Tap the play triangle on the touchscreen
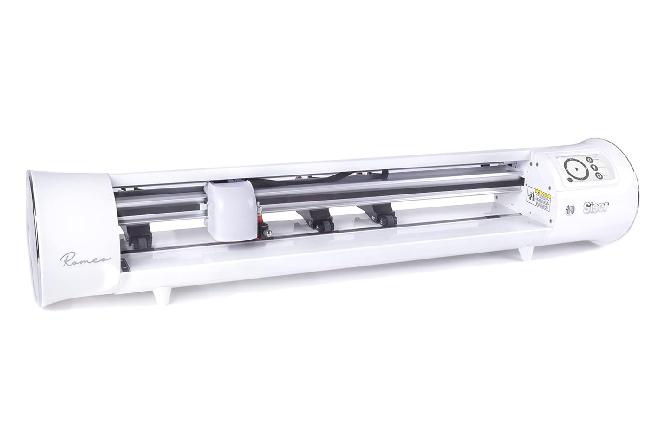(x=574, y=169)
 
